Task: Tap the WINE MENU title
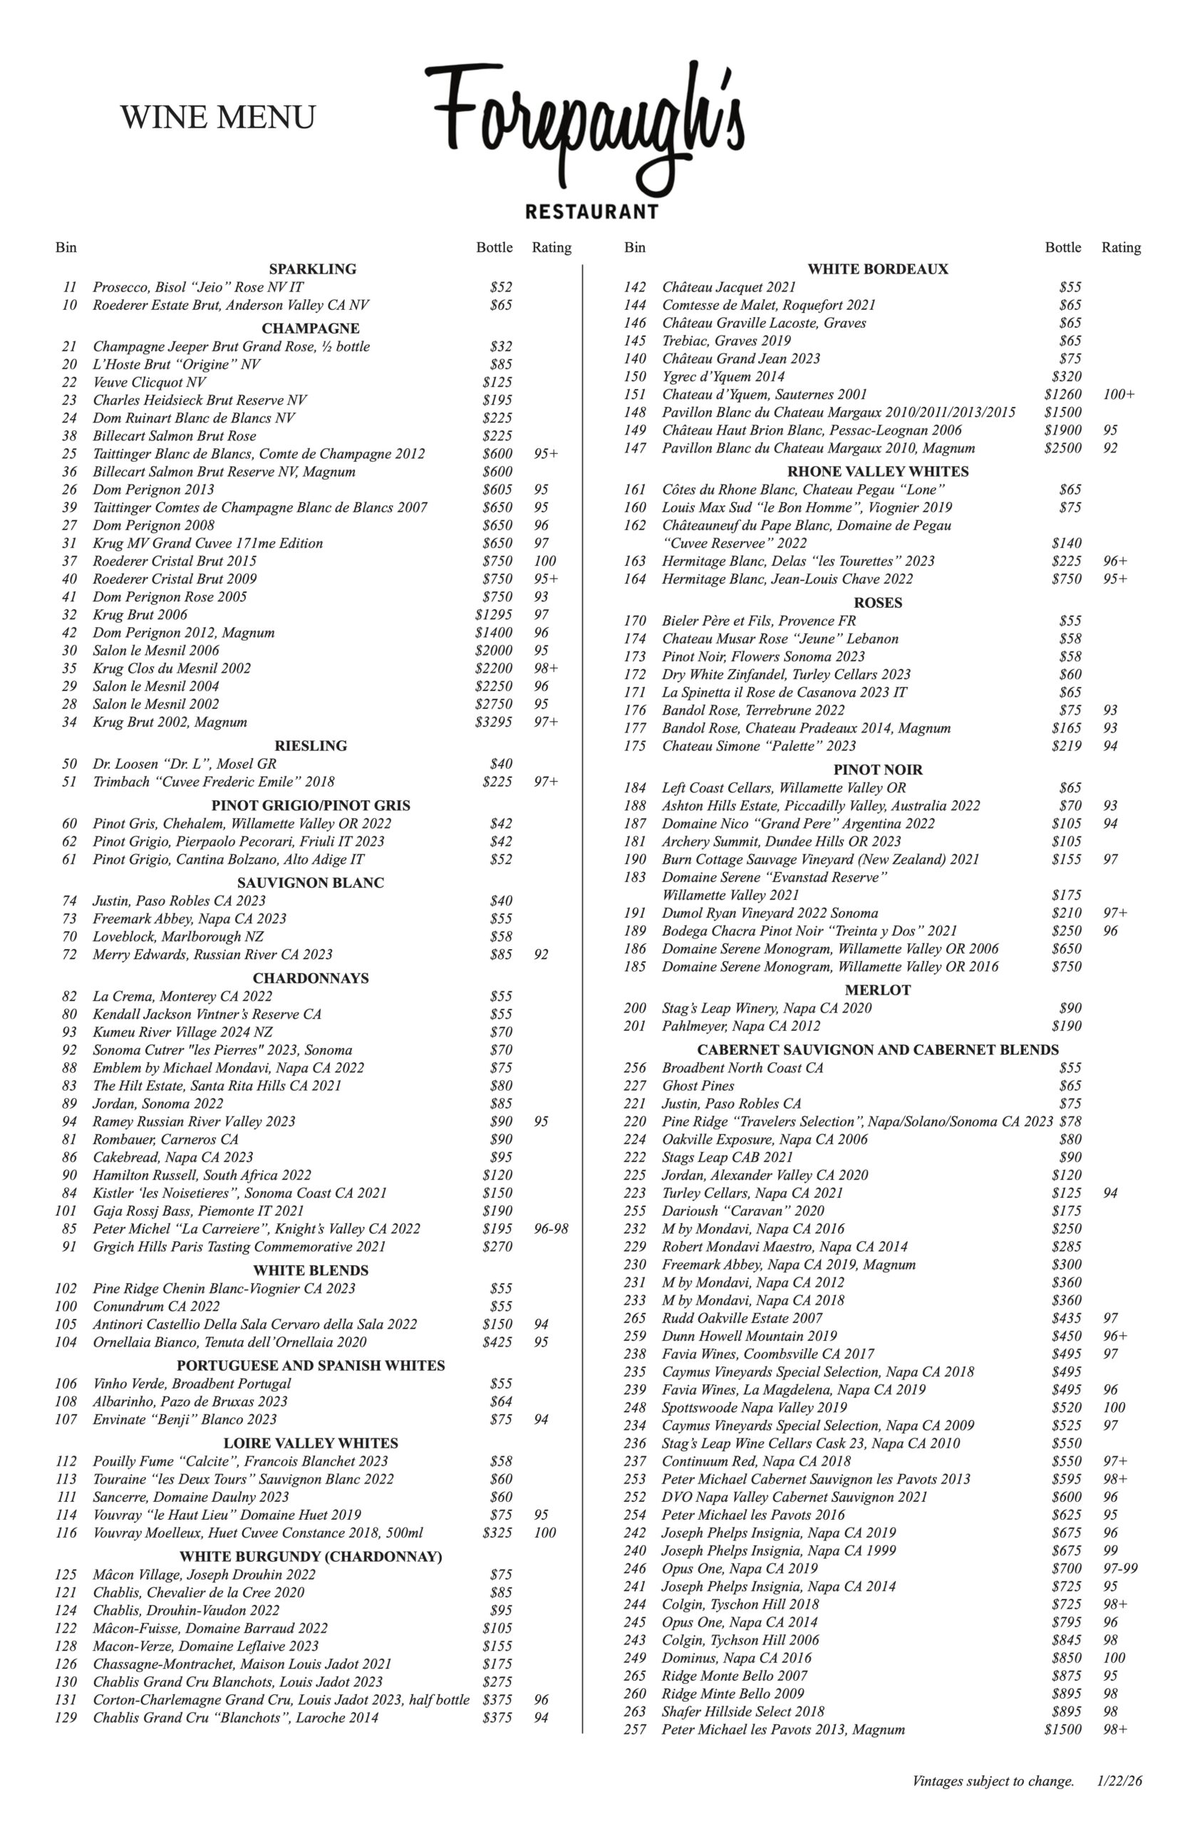coord(217,118)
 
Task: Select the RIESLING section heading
coord(311,745)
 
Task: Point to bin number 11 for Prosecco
coord(70,287)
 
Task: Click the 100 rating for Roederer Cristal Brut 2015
coord(545,561)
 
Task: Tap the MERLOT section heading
coord(877,990)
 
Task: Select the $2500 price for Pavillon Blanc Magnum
coord(1062,448)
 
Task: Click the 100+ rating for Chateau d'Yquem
coord(1119,395)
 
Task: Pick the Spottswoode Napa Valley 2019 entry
coord(754,1407)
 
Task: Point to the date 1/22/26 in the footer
coord(1119,1781)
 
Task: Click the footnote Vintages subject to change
coord(993,1781)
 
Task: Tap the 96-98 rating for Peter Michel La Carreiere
coord(551,1229)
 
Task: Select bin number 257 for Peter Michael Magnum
coord(634,1729)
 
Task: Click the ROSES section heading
coord(877,603)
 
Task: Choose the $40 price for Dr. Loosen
coord(500,764)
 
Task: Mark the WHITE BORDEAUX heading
coord(877,269)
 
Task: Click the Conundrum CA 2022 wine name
coord(156,1306)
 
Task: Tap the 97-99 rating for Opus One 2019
coord(1120,1568)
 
